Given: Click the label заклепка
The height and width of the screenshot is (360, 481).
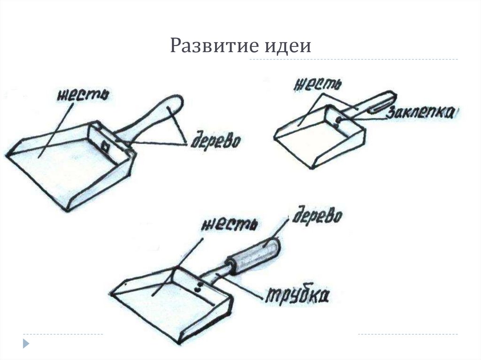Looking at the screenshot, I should [x=419, y=113].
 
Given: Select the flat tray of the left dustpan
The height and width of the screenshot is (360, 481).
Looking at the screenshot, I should [x=66, y=164].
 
